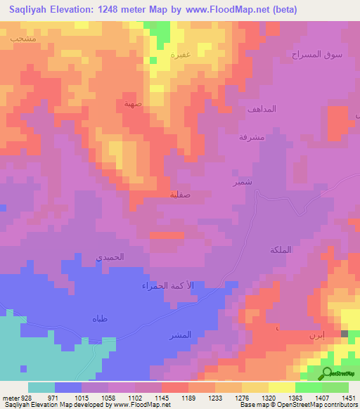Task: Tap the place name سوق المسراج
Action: coord(317,54)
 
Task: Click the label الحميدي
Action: coord(110,257)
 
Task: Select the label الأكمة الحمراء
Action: coord(166,286)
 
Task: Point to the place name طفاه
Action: coord(99,319)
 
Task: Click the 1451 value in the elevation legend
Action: coord(348,398)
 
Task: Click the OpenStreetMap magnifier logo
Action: coord(326,373)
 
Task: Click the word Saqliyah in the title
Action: coord(30,10)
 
